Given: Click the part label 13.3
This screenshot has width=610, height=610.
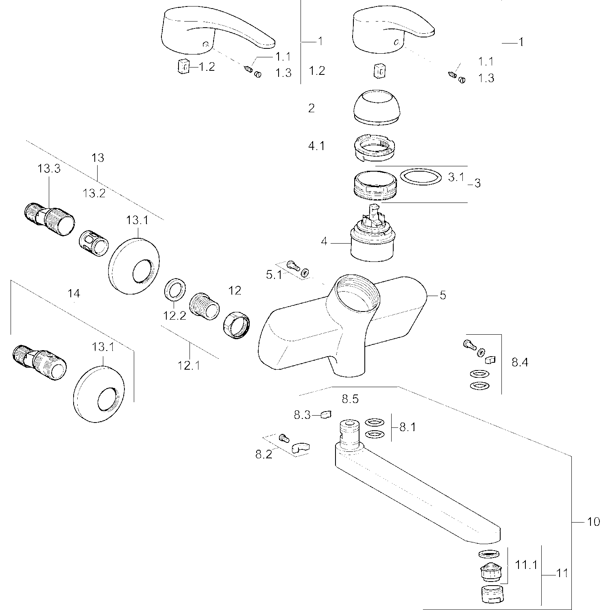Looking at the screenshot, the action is (49, 169).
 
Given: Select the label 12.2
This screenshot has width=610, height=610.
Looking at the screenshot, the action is (175, 316).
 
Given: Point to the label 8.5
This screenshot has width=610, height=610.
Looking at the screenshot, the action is (350, 399).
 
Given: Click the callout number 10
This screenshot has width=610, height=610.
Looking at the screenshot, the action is (594, 521).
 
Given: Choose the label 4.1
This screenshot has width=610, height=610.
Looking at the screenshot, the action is (316, 146).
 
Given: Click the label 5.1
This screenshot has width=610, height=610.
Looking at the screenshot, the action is (274, 275).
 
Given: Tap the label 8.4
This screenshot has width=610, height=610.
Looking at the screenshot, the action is (520, 362).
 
